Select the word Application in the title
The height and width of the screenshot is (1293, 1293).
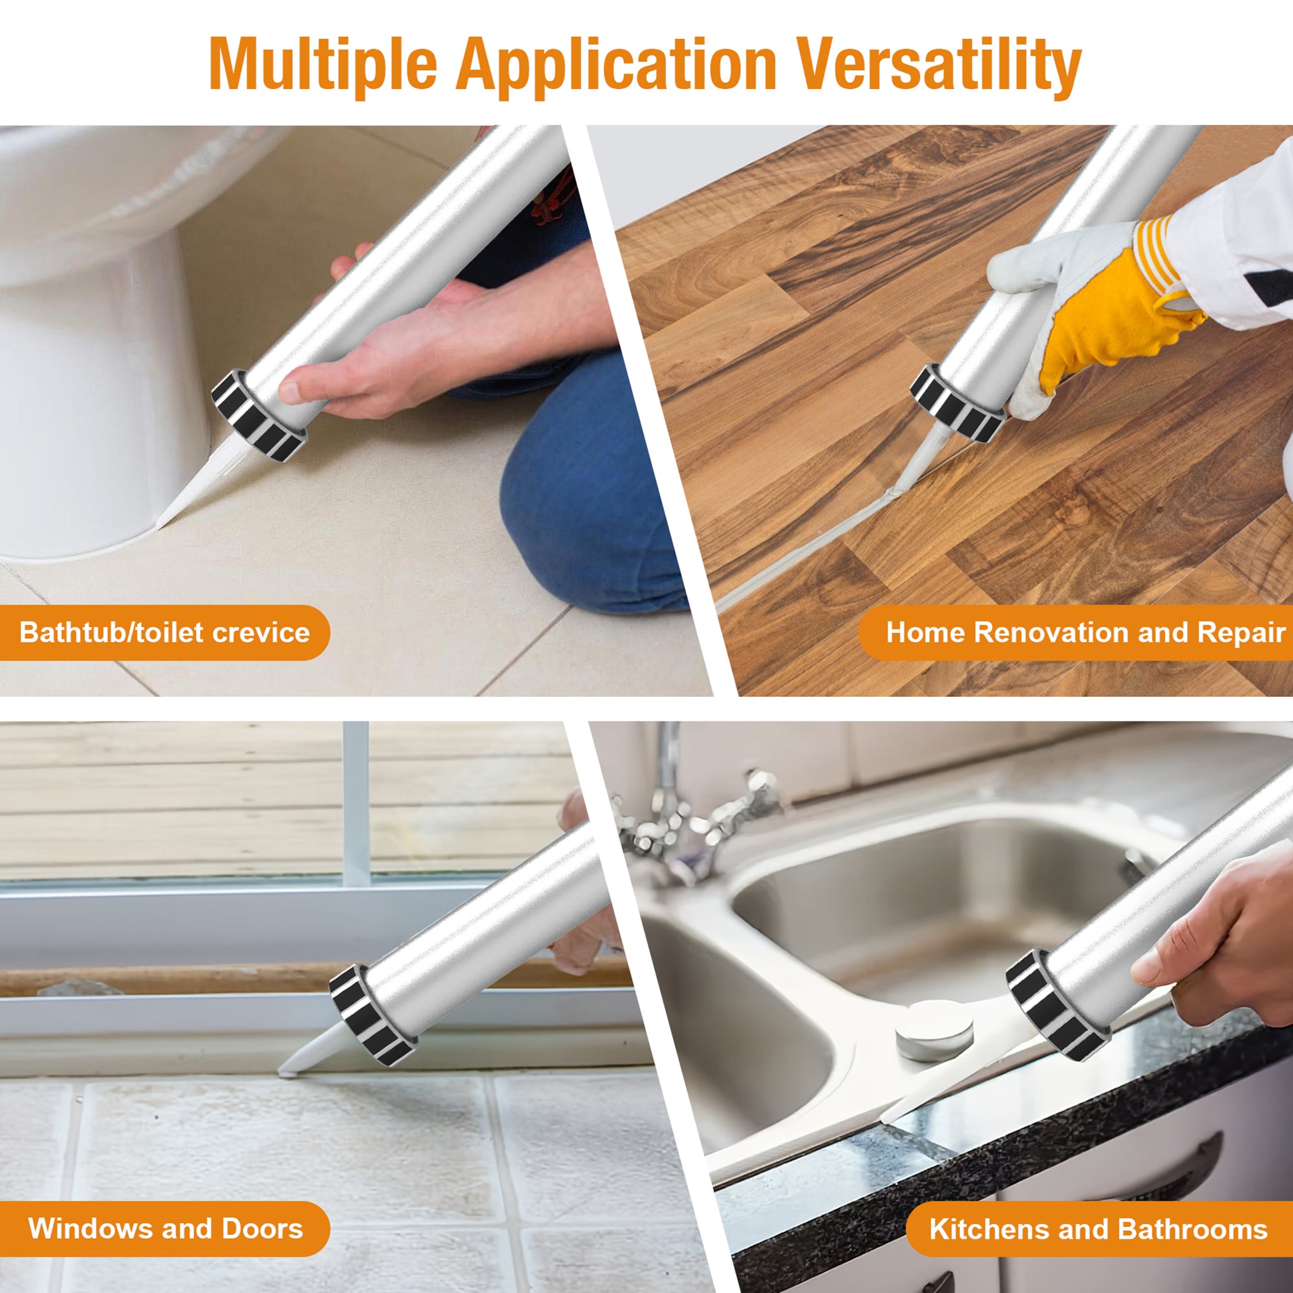pos(615,65)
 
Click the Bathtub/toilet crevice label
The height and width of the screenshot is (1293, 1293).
pos(164,632)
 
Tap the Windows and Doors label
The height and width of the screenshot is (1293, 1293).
pos(166,1229)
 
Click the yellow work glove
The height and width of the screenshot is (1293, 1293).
pos(1111,315)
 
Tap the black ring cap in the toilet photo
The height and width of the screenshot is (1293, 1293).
pos(258,415)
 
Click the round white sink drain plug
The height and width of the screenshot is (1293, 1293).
pos(934,1027)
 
